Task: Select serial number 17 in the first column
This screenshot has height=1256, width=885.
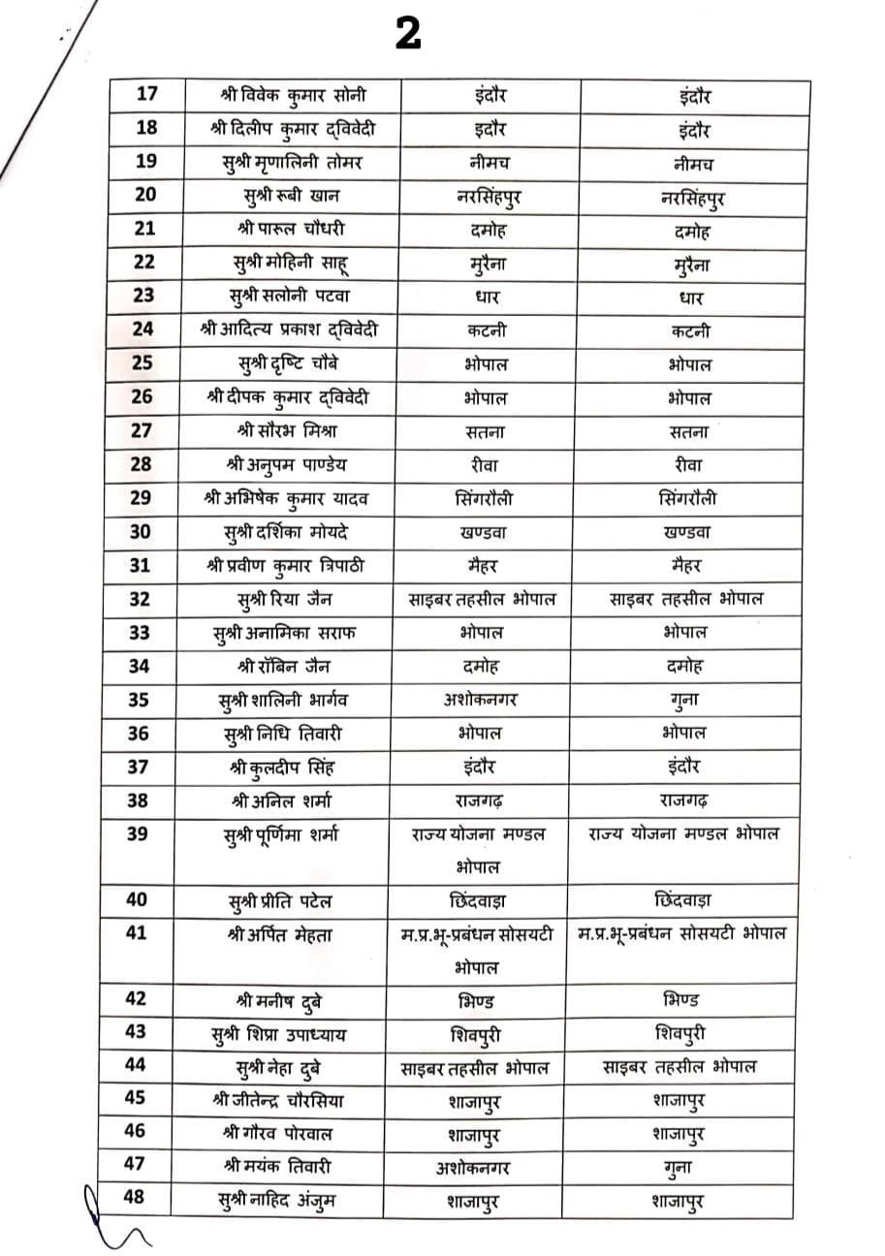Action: (146, 95)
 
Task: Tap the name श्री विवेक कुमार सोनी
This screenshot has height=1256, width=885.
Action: (280, 96)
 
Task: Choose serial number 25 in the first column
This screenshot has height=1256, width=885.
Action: (142, 362)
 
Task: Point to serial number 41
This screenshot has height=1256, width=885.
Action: (138, 933)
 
